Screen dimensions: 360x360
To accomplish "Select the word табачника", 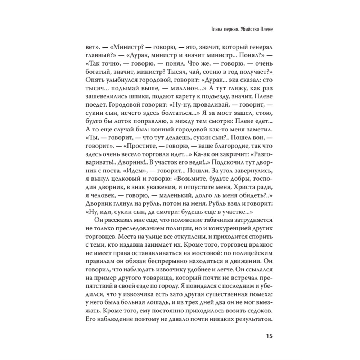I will click(222, 222).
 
